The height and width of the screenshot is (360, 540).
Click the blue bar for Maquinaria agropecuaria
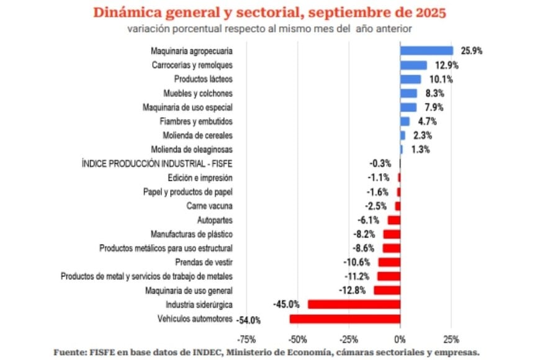426,51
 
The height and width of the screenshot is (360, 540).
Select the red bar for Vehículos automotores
344,319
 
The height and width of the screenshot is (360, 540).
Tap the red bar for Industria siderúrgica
354,304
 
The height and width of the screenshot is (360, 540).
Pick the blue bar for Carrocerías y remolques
413,65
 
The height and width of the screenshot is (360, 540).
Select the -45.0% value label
287,304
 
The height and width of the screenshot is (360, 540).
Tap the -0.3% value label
380,163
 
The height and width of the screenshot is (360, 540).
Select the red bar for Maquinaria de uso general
387,290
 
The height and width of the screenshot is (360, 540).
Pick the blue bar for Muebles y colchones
408,93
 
